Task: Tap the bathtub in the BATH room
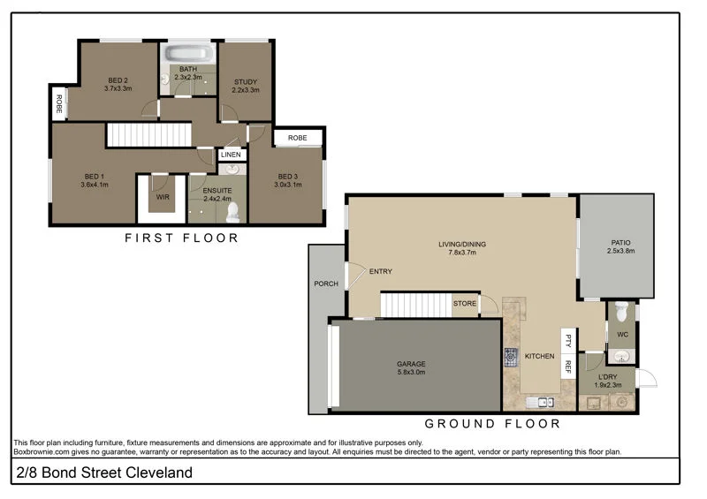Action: [x=188, y=53]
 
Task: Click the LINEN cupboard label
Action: [x=231, y=155]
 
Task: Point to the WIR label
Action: [x=163, y=198]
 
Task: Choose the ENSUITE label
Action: [x=217, y=190]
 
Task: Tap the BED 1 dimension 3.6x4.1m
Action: [x=95, y=185]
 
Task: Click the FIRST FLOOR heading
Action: [x=181, y=238]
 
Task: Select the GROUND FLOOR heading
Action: [x=492, y=424]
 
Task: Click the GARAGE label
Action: [x=411, y=364]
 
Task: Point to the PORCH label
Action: [x=326, y=284]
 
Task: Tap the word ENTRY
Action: [x=381, y=271]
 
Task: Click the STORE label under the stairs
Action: [x=465, y=304]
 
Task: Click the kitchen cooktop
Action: [x=512, y=357]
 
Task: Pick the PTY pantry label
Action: [x=569, y=338]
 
